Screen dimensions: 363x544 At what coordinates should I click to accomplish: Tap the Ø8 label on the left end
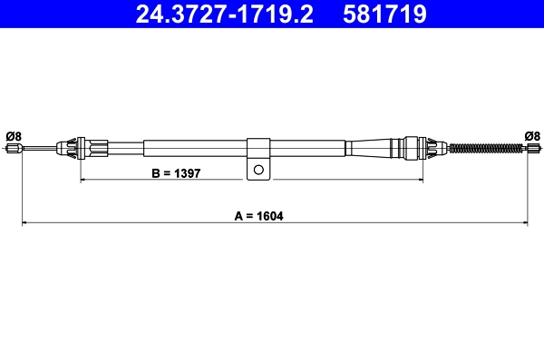[x=14, y=136]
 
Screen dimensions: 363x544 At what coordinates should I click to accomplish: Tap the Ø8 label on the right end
[x=532, y=136]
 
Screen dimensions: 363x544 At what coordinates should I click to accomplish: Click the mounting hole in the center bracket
[x=259, y=169]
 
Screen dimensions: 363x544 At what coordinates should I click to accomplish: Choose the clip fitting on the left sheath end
[x=73, y=146]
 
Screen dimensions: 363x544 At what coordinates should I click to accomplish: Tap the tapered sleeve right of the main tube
[x=367, y=147]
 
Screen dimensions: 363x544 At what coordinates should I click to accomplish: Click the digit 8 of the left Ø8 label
[x=18, y=136]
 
